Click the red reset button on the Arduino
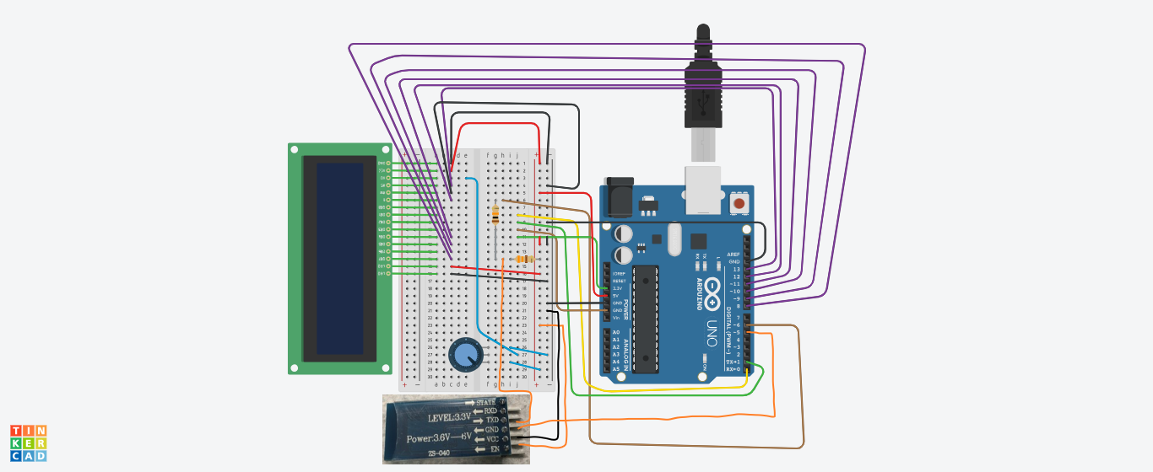click(x=739, y=203)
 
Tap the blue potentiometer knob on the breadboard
click(x=463, y=354)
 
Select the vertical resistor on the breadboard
click(x=495, y=217)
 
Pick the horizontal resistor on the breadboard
click(x=524, y=259)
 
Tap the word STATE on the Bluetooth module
click(x=485, y=401)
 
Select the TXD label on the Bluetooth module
click(x=491, y=420)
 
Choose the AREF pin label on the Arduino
click(x=733, y=254)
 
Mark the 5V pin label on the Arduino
click(x=616, y=295)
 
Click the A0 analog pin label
click(x=615, y=333)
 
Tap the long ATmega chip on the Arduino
click(x=646, y=319)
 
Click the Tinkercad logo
click(x=29, y=443)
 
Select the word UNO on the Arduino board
click(x=712, y=333)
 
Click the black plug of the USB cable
click(x=702, y=84)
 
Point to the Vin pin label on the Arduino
click(x=616, y=318)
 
